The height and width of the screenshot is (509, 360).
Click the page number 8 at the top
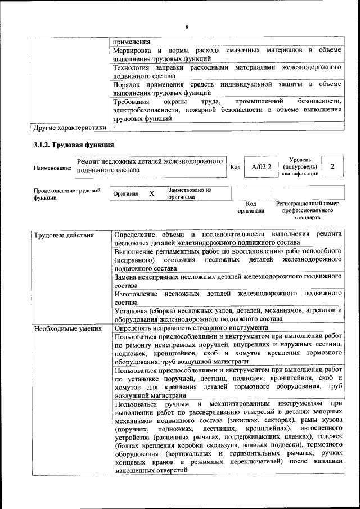tap(187, 28)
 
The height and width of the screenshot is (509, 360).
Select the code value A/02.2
tap(262, 167)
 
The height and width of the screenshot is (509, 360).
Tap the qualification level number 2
tap(332, 167)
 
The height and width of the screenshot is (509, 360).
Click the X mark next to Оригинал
tap(152, 193)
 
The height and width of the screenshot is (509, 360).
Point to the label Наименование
tap(52, 168)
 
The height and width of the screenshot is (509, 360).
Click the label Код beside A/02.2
tap(236, 167)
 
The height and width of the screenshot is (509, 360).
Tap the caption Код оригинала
tap(251, 207)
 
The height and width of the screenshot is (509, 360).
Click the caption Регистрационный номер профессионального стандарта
tap(307, 210)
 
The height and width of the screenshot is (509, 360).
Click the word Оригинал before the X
tap(126, 193)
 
